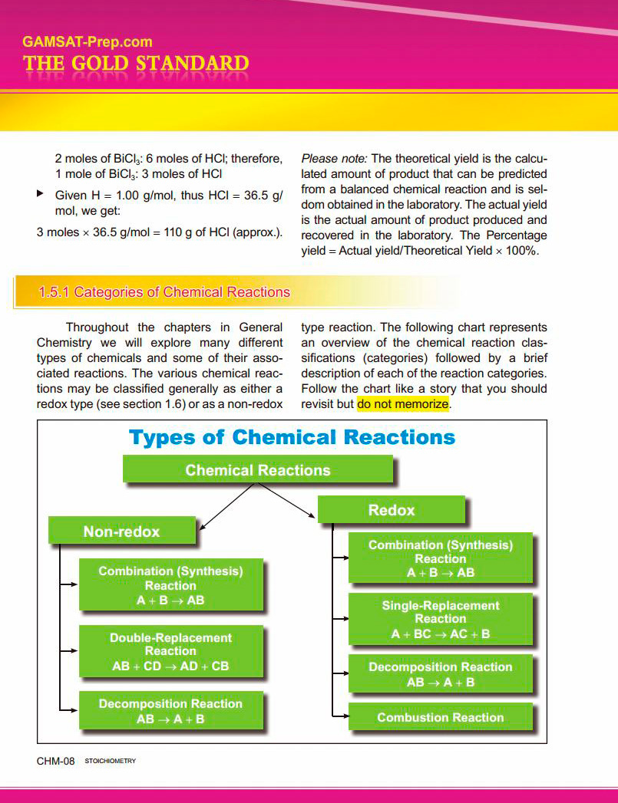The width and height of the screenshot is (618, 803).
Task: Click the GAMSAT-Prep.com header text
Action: tap(88, 42)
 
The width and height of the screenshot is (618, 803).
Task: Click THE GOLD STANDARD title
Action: tap(136, 64)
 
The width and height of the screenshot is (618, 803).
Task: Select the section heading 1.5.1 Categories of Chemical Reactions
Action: tap(164, 292)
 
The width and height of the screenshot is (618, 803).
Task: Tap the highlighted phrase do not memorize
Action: tap(402, 403)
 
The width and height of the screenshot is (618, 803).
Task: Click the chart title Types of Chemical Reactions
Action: tap(292, 438)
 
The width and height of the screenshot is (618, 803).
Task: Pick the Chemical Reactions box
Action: tap(258, 470)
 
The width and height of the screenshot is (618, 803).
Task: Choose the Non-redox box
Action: tap(121, 531)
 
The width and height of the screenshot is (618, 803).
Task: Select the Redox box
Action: tap(391, 510)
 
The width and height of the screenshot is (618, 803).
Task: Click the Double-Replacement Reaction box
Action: tap(170, 651)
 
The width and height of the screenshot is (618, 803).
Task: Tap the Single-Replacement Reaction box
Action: tap(440, 619)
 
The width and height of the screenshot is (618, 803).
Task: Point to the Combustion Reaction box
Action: tap(440, 717)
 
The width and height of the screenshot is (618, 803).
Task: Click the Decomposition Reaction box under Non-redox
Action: tap(170, 711)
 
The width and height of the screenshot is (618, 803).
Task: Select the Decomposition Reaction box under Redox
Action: tap(440, 674)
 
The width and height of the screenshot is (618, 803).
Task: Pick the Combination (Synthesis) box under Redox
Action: tap(440, 558)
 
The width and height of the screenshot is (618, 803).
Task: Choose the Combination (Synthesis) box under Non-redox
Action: tap(170, 585)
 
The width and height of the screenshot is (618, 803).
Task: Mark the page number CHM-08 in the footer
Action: tap(55, 761)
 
